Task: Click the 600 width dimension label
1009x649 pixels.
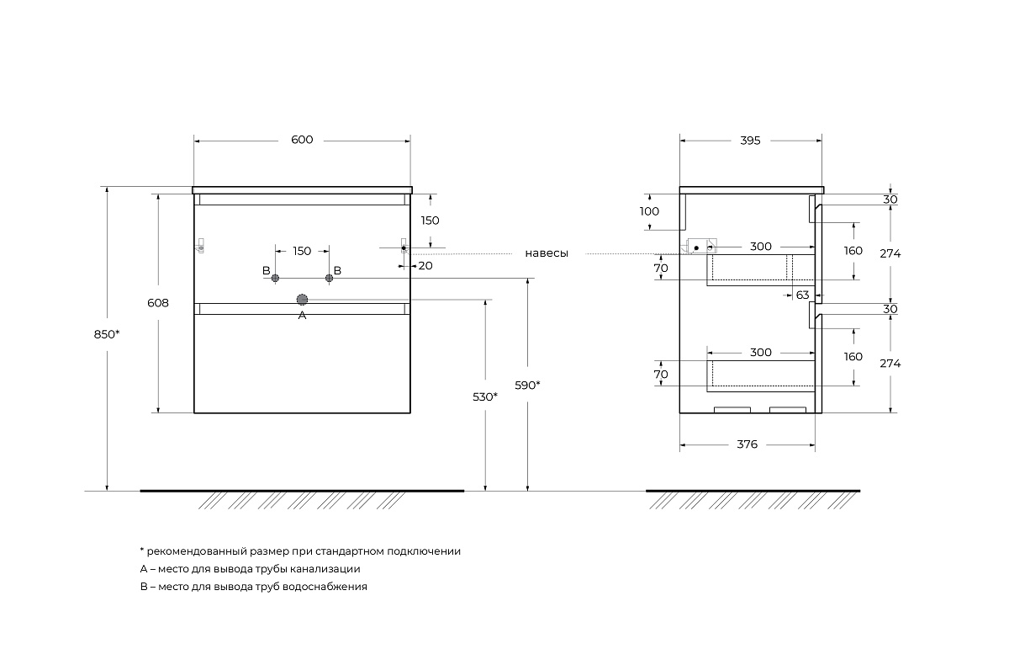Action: coord(302,140)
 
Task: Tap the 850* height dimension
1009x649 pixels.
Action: coord(107,333)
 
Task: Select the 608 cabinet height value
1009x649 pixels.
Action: coord(158,303)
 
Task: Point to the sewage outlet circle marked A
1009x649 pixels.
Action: coord(302,299)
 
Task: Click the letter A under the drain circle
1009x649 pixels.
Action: coord(303,316)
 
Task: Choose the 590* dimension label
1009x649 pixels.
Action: coord(527,385)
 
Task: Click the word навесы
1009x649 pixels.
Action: coord(547,253)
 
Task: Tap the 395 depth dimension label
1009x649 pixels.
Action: coord(750,141)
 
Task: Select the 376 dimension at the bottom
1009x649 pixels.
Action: coord(747,444)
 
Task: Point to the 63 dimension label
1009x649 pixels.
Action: coord(801,295)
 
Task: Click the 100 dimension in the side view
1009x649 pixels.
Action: coord(650,211)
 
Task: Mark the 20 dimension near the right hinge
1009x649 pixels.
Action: coord(425,266)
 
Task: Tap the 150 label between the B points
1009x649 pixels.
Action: coord(302,251)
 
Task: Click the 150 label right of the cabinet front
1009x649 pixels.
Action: coord(431,221)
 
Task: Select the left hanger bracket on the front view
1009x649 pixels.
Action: coord(201,246)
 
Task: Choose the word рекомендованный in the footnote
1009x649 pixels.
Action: coord(197,551)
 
